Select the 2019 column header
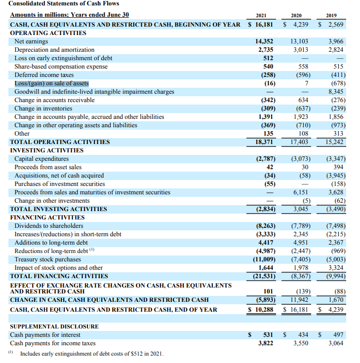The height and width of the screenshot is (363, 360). point(338,15)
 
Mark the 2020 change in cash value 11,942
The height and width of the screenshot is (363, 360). point(300,300)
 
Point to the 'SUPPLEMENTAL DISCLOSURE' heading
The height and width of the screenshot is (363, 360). point(54,327)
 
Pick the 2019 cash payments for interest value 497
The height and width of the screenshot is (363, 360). point(339,335)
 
